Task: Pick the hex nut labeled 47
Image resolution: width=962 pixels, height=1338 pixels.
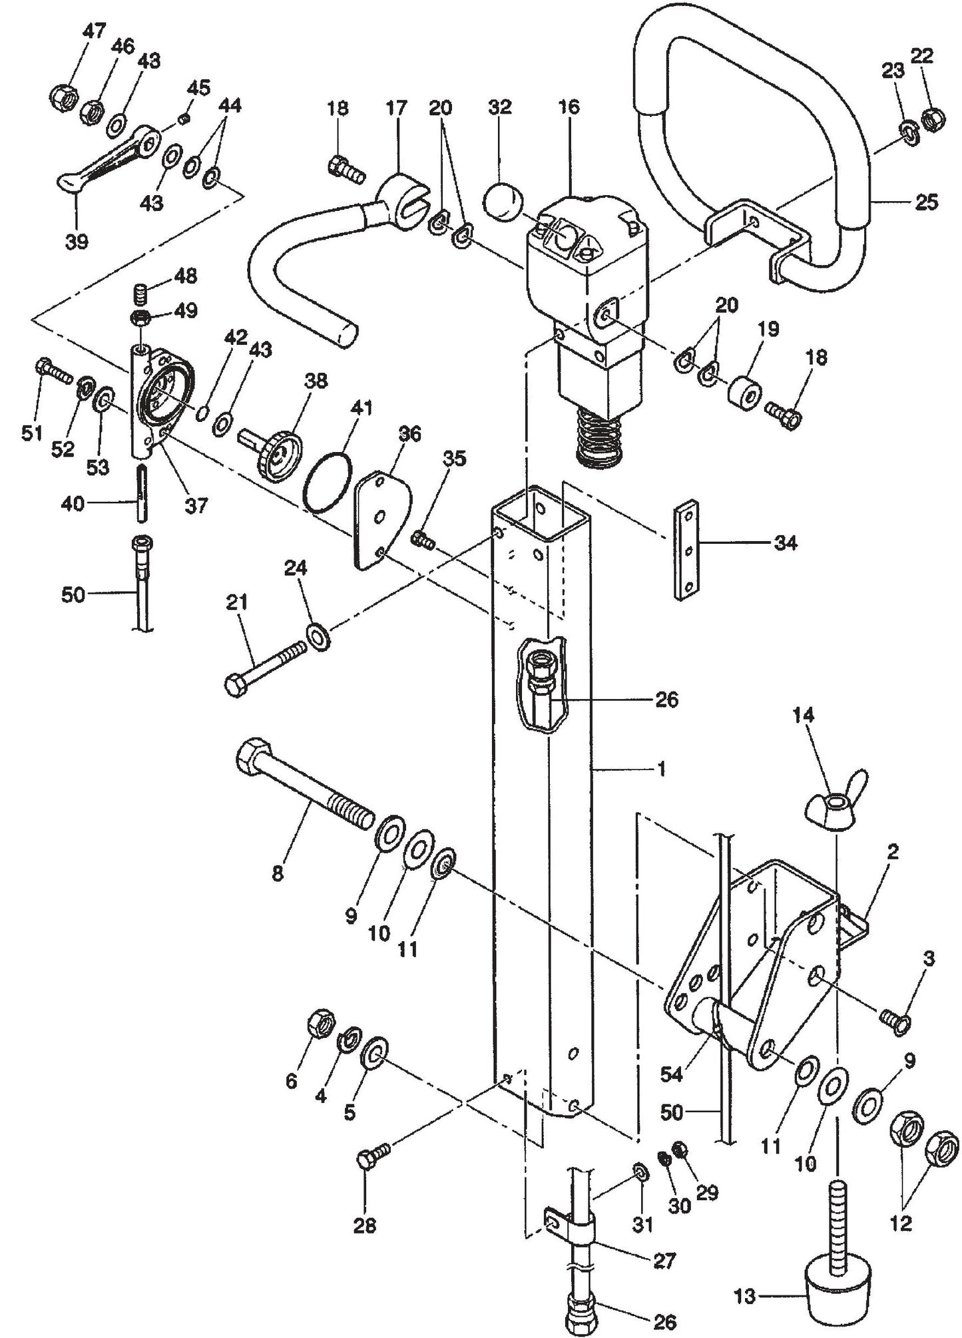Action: (63, 97)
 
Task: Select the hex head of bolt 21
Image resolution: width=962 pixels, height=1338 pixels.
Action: (237, 686)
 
